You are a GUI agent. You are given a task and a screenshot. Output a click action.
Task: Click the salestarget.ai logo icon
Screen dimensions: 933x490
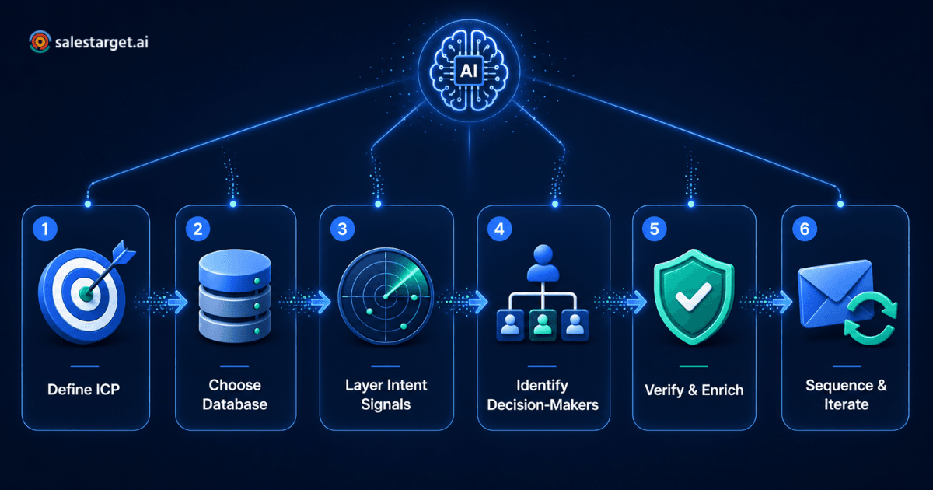40,42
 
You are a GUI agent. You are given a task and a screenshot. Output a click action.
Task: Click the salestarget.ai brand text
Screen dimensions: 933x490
102,42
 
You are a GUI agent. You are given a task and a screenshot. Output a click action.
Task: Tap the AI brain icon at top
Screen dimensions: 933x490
469,71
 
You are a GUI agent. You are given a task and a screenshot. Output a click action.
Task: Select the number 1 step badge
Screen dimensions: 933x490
45,229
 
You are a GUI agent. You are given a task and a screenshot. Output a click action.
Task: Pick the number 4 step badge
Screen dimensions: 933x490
499,229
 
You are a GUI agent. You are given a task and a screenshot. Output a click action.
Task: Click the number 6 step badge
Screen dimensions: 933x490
804,229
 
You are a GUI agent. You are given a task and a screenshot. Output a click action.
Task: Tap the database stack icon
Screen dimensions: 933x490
235,296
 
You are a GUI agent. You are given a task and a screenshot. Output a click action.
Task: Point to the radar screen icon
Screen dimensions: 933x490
386,296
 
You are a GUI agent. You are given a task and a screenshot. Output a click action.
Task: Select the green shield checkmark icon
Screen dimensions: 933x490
694,296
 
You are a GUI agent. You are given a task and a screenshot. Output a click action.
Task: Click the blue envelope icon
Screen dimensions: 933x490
836,292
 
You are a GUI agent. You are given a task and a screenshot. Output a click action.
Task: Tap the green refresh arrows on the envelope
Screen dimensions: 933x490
871,318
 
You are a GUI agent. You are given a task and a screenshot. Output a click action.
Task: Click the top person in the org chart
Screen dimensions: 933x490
543,263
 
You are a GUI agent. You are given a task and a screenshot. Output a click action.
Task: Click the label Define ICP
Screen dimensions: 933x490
84,389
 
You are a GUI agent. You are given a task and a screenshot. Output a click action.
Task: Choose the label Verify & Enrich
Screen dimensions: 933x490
694,390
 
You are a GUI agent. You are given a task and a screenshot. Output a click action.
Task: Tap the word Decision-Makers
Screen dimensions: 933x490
543,404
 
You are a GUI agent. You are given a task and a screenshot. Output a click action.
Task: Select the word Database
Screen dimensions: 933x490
235,404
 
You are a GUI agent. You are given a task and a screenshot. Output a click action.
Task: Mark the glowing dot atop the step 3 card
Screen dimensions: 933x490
378,204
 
